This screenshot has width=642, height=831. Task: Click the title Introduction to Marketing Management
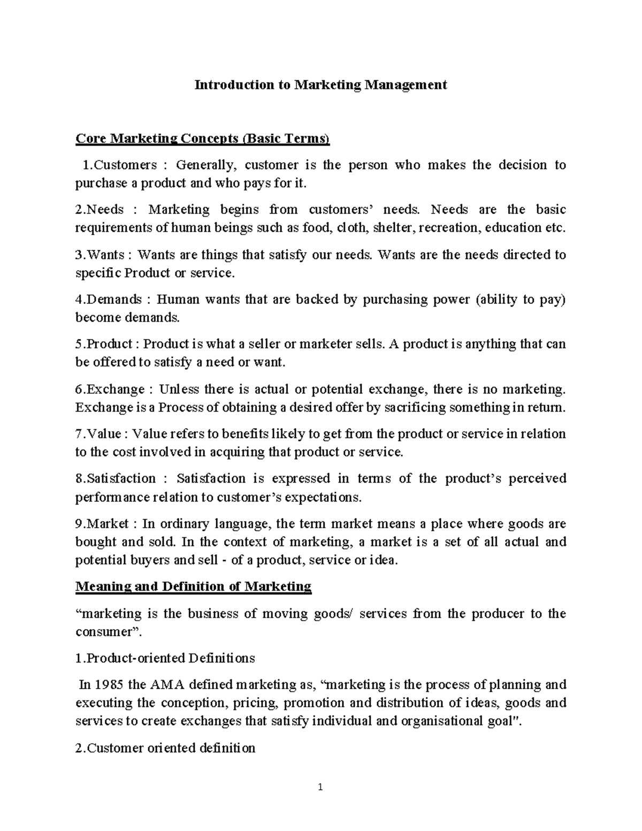(x=320, y=85)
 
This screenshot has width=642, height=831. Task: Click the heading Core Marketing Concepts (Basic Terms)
(x=203, y=139)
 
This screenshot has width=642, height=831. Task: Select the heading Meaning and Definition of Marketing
(x=193, y=586)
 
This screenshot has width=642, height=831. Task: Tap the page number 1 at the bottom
(x=320, y=787)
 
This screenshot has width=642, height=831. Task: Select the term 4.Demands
(x=109, y=299)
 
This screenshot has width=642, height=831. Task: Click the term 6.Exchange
(x=110, y=389)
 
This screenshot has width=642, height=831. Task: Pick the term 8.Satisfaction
(x=115, y=478)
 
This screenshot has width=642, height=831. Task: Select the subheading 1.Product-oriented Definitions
(x=165, y=658)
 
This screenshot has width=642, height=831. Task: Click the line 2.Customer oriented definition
(x=165, y=748)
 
